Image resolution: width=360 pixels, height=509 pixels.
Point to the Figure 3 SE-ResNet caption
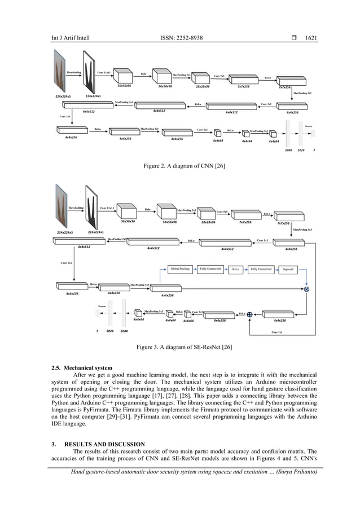click(x=179, y=346)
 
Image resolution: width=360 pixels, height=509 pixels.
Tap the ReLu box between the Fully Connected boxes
click(x=236, y=269)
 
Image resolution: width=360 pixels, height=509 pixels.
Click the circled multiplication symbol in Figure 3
click(x=307, y=289)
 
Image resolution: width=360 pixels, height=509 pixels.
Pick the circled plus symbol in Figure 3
click(x=249, y=314)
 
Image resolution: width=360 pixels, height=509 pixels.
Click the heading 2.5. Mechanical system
click(x=82, y=368)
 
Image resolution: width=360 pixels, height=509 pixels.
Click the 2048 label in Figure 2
click(x=289, y=151)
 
